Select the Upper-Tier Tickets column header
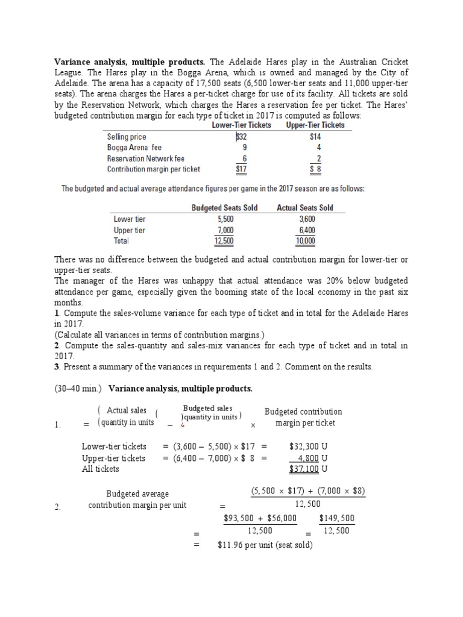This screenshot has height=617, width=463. [x=315, y=125]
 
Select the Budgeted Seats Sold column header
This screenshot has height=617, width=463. [x=224, y=208]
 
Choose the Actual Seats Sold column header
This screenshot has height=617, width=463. [x=304, y=208]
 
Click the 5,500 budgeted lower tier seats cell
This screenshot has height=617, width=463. [x=224, y=219]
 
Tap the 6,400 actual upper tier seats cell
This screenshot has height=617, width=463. [x=306, y=230]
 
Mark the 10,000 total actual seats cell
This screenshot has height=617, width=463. [x=305, y=241]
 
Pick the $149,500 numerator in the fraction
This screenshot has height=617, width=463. [x=336, y=518]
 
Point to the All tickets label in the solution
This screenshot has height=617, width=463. [x=101, y=469]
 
